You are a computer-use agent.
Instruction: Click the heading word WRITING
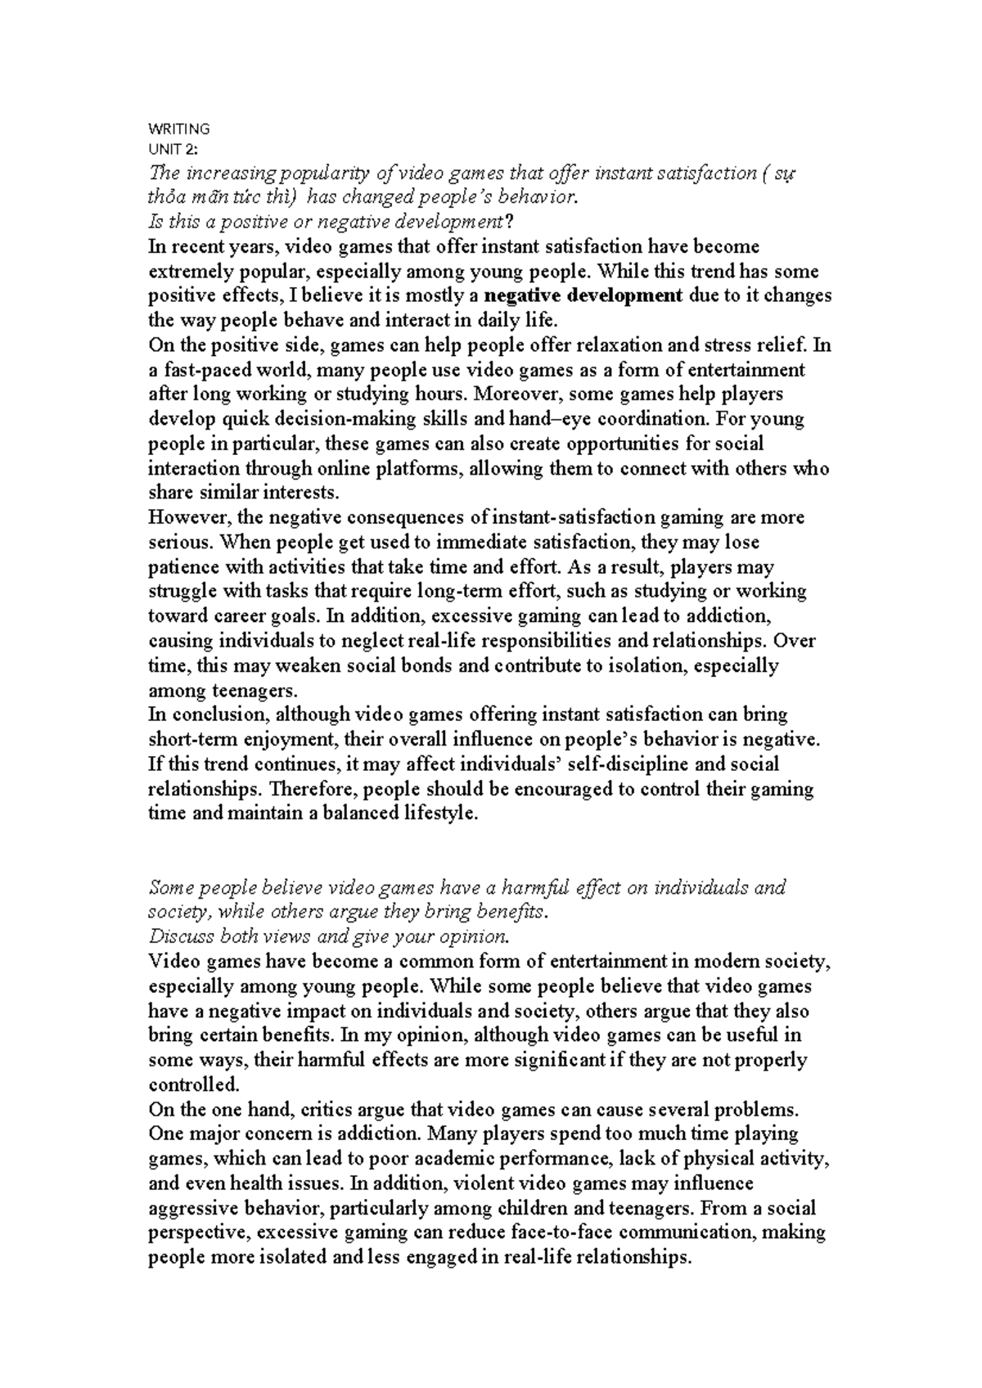click(178, 128)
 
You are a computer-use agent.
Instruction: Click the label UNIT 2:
click(173, 148)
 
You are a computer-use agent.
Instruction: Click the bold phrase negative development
click(583, 295)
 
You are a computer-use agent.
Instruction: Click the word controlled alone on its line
click(193, 1085)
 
